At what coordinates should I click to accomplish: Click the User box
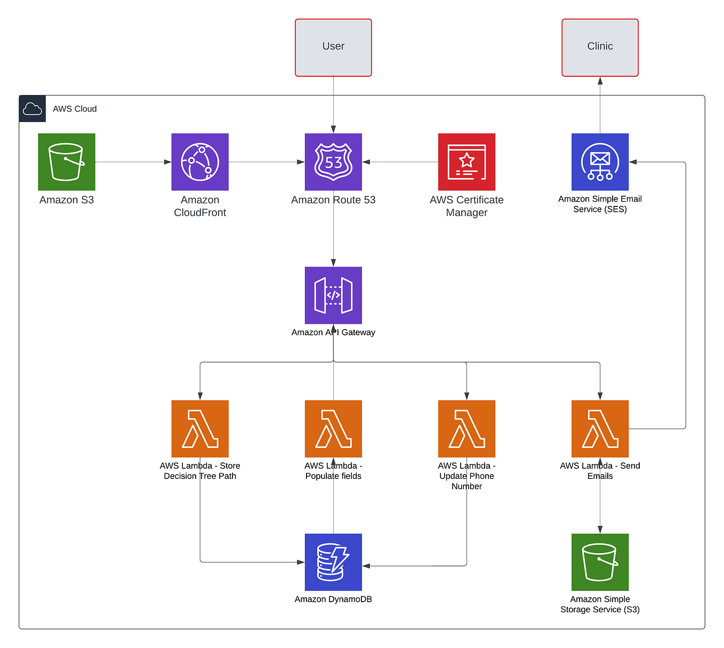(x=333, y=47)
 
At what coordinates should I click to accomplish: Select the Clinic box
(x=600, y=47)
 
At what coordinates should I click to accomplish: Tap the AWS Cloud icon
(x=33, y=109)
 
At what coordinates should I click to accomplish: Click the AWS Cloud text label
(x=75, y=109)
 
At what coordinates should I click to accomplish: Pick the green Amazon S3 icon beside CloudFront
(x=67, y=162)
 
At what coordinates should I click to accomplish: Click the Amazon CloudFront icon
(x=200, y=162)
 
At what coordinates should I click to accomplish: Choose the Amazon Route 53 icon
(x=333, y=162)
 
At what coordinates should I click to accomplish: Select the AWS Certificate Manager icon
(x=466, y=162)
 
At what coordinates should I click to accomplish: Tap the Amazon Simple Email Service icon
(x=600, y=162)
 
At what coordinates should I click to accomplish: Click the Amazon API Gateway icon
(x=333, y=295)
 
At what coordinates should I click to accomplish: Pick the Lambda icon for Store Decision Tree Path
(x=200, y=429)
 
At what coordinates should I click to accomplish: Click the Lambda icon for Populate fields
(x=333, y=429)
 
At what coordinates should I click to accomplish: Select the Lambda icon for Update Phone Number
(x=466, y=429)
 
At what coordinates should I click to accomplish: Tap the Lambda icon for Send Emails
(x=600, y=429)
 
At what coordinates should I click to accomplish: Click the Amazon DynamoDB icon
(x=333, y=562)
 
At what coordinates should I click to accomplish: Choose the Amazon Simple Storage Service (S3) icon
(x=600, y=562)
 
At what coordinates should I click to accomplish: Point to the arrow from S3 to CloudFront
(x=133, y=162)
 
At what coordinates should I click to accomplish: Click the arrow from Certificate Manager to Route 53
(x=400, y=162)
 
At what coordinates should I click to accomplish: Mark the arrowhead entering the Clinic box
(x=600, y=81)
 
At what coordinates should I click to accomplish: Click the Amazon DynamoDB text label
(x=333, y=599)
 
